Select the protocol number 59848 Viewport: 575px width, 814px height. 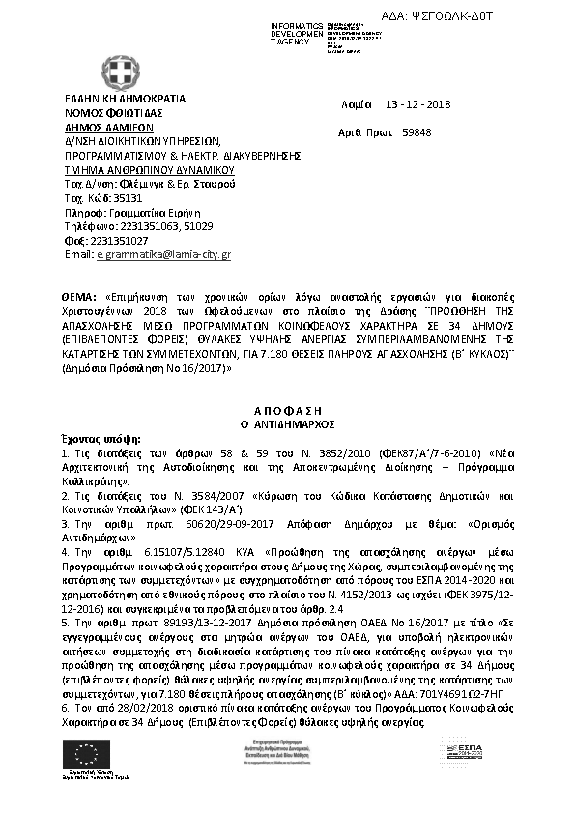click(x=417, y=133)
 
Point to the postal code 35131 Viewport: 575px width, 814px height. click(x=115, y=197)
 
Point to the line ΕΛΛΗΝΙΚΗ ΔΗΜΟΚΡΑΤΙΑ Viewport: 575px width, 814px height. click(x=126, y=98)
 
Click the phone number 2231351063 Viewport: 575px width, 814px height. click(x=129, y=225)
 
